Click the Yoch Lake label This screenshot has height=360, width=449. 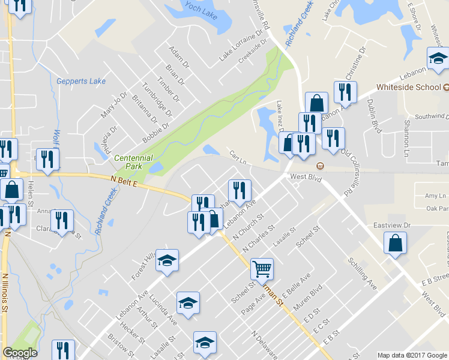click(x=200, y=11)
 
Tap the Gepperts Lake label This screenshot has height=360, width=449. click(x=80, y=82)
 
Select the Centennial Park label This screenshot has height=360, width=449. click(x=134, y=162)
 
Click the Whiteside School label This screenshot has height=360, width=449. click(x=409, y=87)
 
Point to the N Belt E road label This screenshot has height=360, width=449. click(x=124, y=181)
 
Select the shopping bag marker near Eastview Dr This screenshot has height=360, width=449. click(x=395, y=244)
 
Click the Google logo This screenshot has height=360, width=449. click(x=20, y=353)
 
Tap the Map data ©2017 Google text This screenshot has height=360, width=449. click(x=412, y=355)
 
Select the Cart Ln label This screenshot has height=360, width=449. click(x=238, y=157)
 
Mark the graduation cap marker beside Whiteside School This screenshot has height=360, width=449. click(x=438, y=59)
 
